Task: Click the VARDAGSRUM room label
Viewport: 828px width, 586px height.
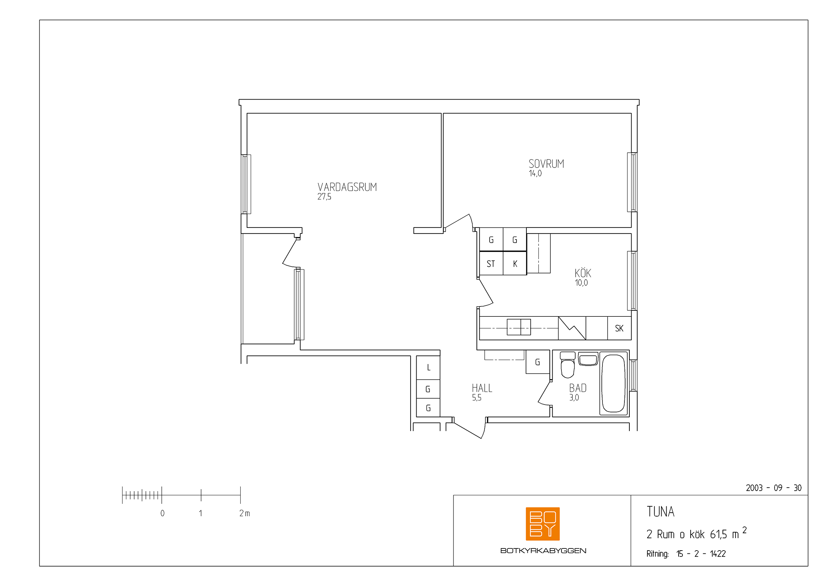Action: point(347,187)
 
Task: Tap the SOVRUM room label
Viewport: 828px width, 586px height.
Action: point(546,164)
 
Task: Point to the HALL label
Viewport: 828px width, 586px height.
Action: point(482,388)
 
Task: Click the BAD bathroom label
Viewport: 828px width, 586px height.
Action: point(578,388)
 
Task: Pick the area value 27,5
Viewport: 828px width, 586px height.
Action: point(324,197)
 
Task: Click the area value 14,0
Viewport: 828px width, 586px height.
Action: point(535,173)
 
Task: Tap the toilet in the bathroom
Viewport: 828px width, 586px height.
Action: point(567,365)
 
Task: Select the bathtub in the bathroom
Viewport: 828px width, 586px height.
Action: point(613,384)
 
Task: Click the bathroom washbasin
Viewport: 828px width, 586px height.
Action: point(588,359)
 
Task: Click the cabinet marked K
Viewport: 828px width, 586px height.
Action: point(515,263)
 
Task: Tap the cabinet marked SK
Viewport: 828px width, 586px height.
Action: point(619,328)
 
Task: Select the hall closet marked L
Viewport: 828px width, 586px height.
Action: point(428,368)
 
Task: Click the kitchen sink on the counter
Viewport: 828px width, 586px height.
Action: point(519,327)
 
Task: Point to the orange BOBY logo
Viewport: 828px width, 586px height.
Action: point(543,524)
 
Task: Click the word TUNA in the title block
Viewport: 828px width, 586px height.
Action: point(660,512)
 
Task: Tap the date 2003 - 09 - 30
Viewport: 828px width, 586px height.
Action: point(773,488)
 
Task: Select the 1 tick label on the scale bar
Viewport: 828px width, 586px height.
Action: point(200,513)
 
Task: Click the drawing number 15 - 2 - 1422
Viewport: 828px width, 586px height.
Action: point(701,554)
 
